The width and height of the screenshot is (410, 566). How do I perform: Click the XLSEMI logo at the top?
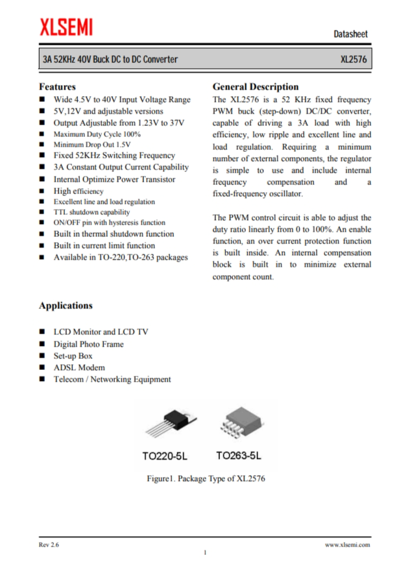coord(66,27)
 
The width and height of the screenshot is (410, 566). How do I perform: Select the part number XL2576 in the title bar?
coord(354,60)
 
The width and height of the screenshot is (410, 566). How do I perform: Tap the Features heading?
coord(58,86)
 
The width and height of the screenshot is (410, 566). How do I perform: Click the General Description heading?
coord(256,86)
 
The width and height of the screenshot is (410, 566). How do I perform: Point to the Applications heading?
coord(66,305)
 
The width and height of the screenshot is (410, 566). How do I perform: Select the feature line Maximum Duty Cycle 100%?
coord(97,134)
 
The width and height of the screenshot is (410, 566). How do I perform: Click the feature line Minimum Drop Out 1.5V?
coord(92,145)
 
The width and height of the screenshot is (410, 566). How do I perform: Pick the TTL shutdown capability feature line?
coord(91,212)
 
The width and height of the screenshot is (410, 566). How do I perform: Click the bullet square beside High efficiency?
coord(42,191)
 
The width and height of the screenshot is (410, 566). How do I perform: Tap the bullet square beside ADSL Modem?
coord(42,368)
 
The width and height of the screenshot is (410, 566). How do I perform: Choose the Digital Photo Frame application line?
coord(88,344)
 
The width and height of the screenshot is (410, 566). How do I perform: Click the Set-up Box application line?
coord(73,356)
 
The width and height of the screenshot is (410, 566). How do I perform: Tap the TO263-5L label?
coord(242,456)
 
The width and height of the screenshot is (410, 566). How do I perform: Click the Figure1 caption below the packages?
coord(205,479)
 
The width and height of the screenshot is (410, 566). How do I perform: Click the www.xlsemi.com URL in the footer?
coord(347,545)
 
